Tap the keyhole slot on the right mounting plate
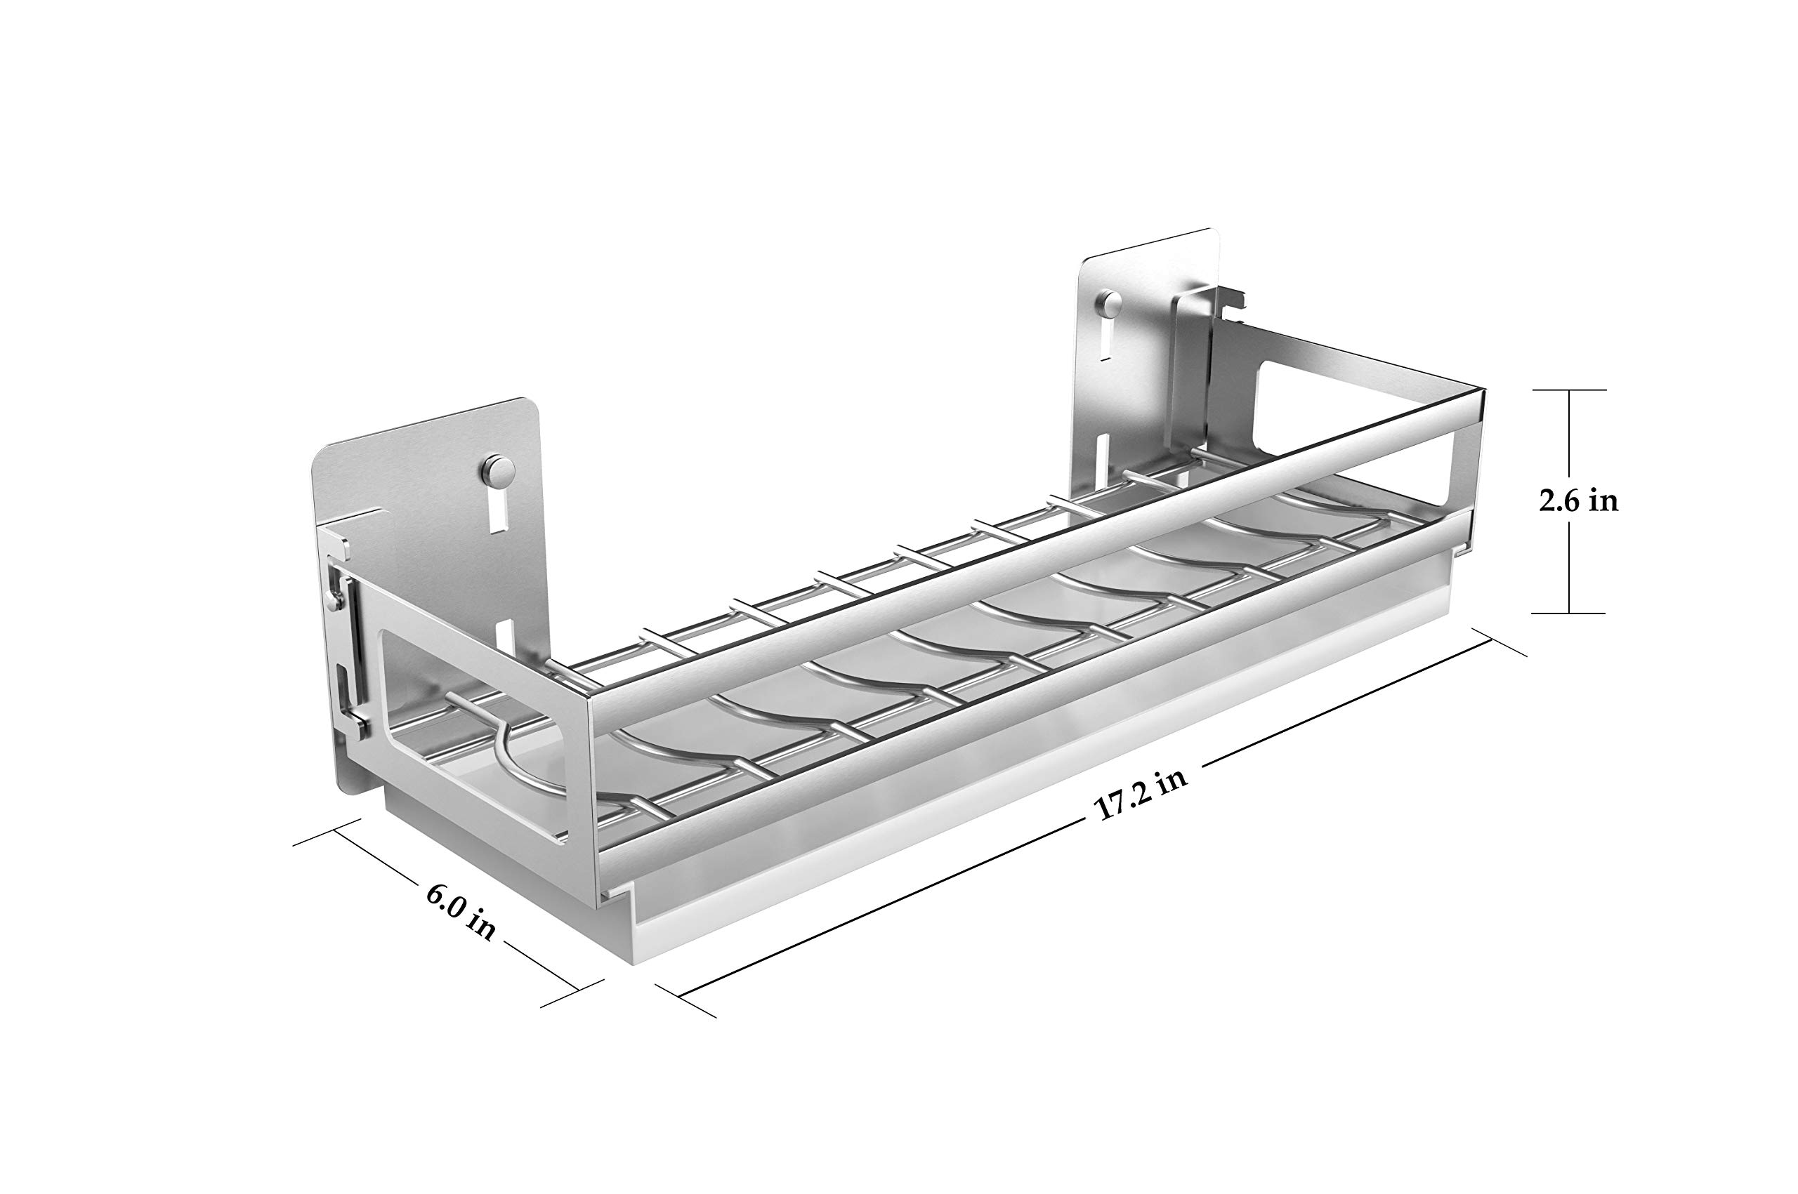point(1105,342)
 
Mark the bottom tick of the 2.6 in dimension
point(1570,613)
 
